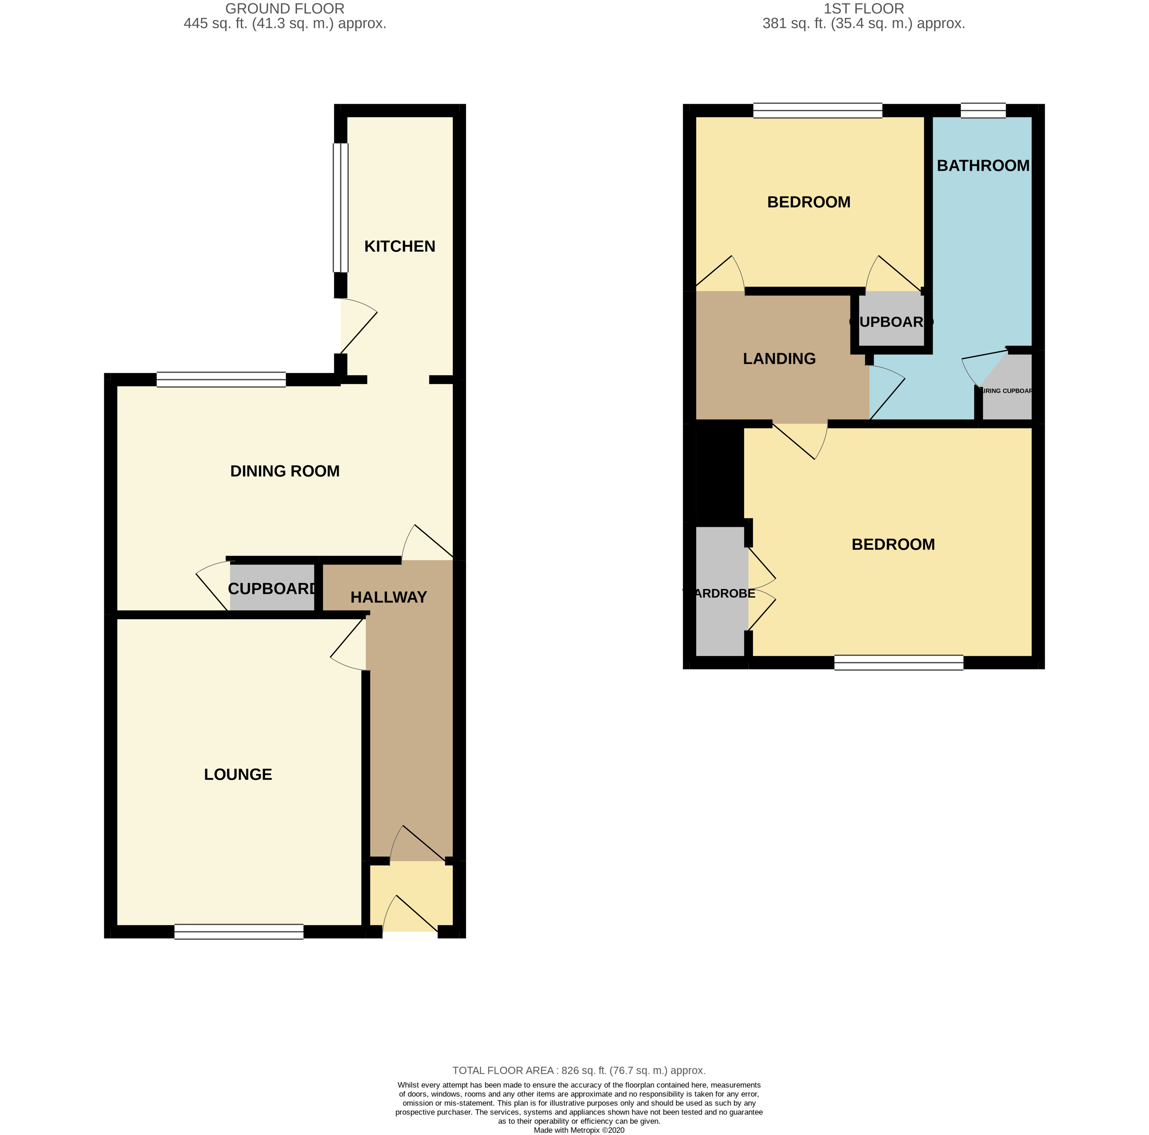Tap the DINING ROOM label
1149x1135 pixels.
tap(284, 471)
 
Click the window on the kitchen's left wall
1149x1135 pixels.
tap(340, 208)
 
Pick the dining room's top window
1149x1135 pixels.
tap(221, 380)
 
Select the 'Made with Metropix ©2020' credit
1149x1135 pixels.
tap(579, 1130)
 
